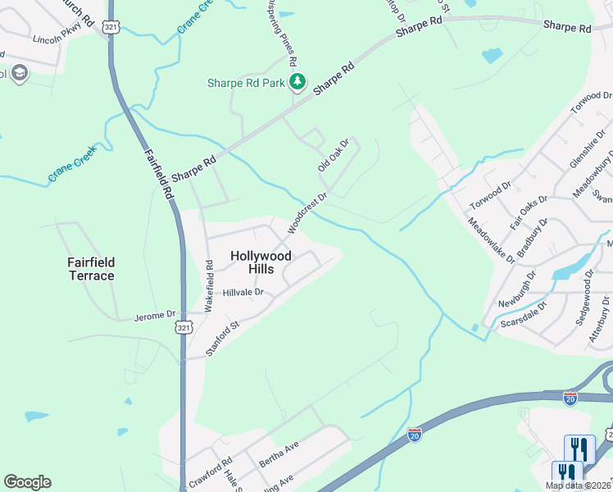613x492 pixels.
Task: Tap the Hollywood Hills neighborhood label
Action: [x=261, y=262]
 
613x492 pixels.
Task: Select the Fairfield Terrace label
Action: [x=91, y=269]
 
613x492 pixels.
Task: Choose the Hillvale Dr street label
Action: [x=243, y=292]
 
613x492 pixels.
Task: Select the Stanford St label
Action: [x=222, y=339]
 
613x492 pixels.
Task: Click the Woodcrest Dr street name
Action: [x=308, y=212]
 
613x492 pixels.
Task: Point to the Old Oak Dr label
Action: [x=334, y=155]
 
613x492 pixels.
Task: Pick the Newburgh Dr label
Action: [x=517, y=289]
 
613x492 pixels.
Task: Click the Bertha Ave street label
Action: [x=279, y=452]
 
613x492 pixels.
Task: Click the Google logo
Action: [x=27, y=482]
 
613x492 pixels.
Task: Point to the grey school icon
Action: [x=19, y=74]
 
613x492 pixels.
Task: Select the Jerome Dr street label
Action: [x=155, y=314]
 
